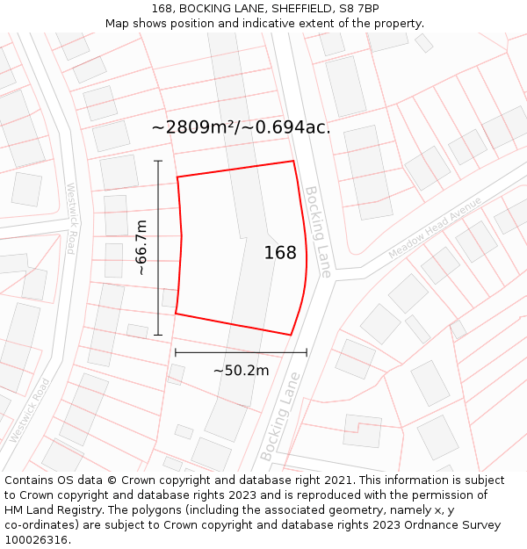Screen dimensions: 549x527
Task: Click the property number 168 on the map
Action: pyautogui.click(x=280, y=253)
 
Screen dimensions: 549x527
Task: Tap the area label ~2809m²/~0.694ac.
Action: pyautogui.click(x=241, y=127)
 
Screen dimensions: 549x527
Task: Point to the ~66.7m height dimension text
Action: pyautogui.click(x=141, y=248)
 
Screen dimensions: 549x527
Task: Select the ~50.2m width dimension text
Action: pyautogui.click(x=241, y=371)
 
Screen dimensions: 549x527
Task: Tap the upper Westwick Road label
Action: pyautogui.click(x=71, y=218)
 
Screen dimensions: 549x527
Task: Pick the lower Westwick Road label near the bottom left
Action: pyautogui.click(x=29, y=410)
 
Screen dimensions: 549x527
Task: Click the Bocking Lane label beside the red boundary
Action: pyautogui.click(x=318, y=232)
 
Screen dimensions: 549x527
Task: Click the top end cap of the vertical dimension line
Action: pyautogui.click(x=158, y=161)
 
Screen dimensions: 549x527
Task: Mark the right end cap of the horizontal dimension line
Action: pyautogui.click(x=307, y=352)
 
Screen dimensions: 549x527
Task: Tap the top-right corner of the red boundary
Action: pyautogui.click(x=293, y=161)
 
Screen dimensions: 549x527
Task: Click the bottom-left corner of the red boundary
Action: pyautogui.click(x=176, y=314)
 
